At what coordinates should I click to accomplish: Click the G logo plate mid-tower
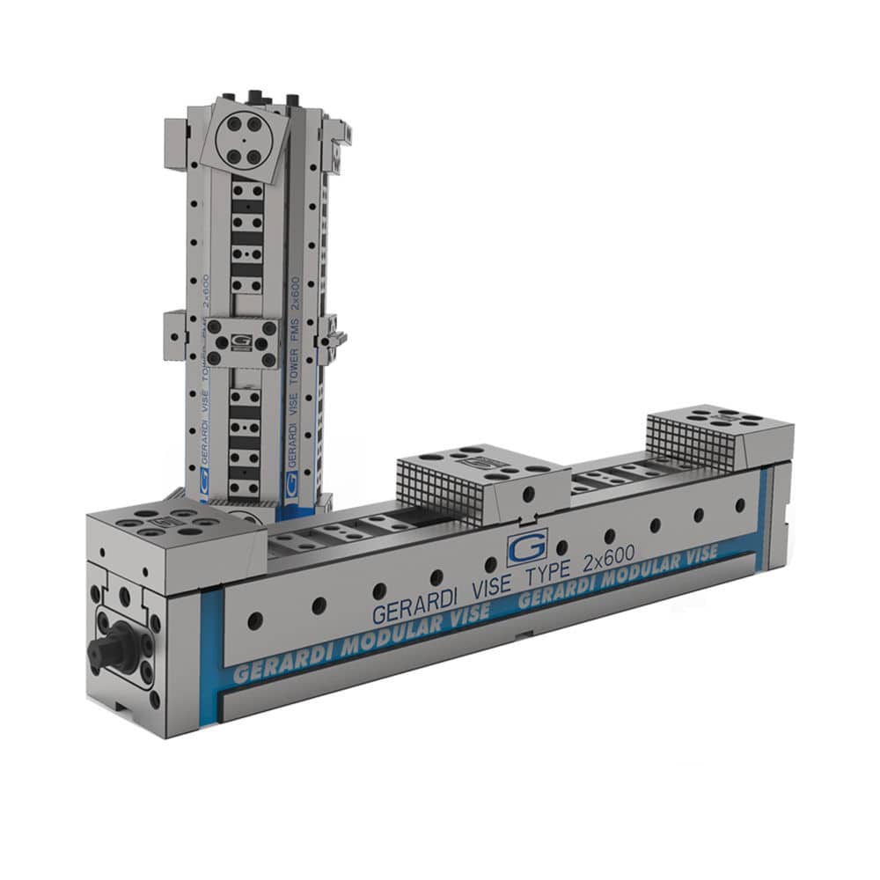point(242,339)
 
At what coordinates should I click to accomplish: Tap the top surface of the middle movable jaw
point(480,462)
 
